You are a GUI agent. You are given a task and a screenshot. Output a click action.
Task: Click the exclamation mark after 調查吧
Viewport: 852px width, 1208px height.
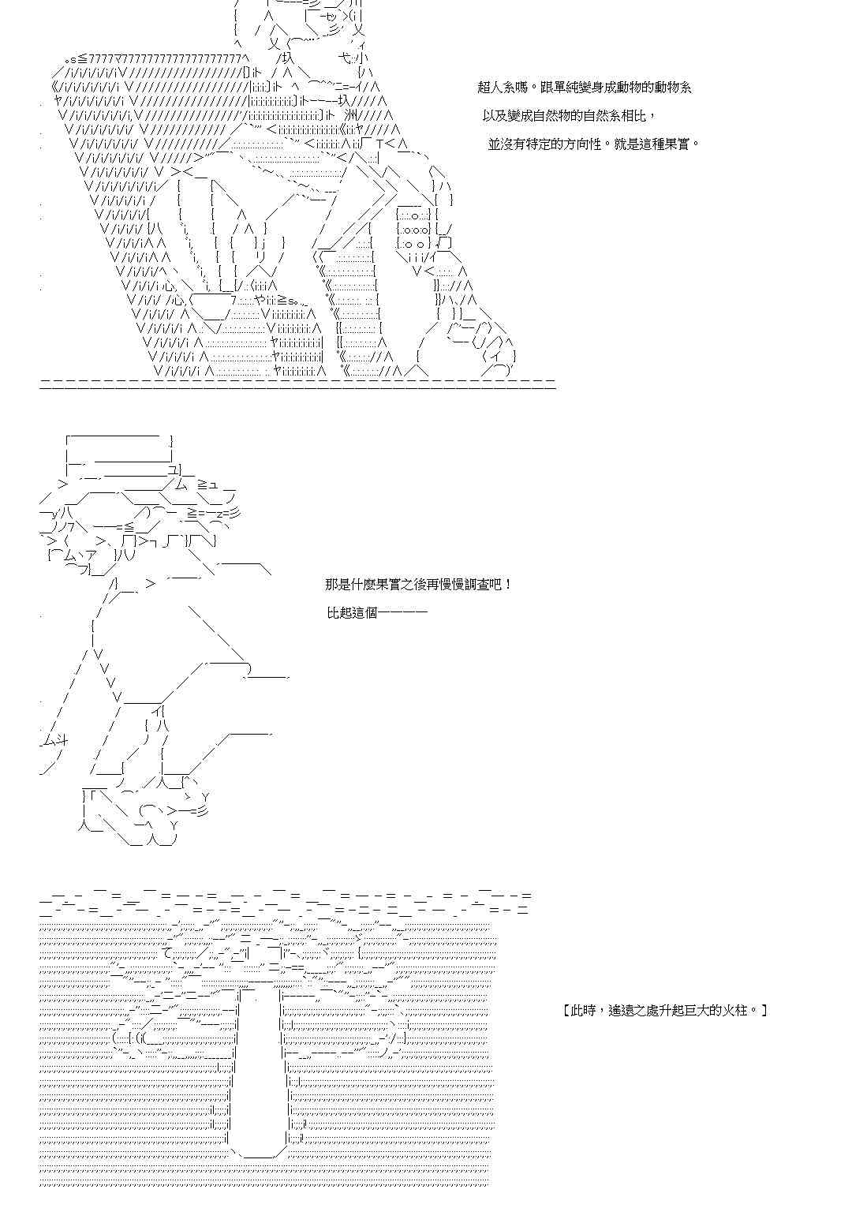(509, 585)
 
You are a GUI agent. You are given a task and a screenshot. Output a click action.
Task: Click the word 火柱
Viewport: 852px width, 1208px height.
(737, 1010)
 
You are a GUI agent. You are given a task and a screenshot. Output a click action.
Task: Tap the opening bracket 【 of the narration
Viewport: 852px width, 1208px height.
(568, 1010)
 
